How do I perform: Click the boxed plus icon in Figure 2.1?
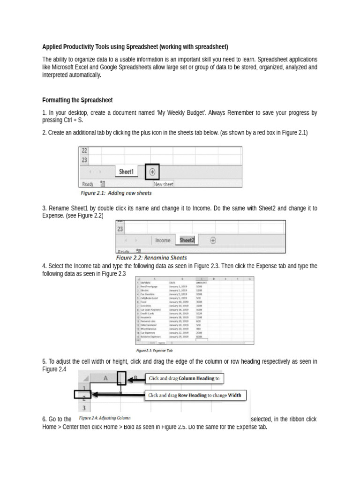(x=152, y=172)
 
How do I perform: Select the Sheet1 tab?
(x=126, y=172)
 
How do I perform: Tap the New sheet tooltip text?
(x=163, y=184)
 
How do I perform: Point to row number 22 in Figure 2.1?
(x=84, y=150)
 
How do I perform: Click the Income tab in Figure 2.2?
(x=163, y=240)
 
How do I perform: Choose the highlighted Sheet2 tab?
(x=187, y=240)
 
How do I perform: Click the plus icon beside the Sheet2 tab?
(x=213, y=240)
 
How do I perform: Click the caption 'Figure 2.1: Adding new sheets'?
(x=116, y=193)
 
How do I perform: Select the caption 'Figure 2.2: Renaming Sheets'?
(x=151, y=257)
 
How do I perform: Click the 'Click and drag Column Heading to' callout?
(x=184, y=378)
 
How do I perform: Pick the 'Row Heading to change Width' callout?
(x=195, y=395)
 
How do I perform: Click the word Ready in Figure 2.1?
(x=88, y=184)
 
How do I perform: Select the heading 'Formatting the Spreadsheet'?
(x=77, y=100)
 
